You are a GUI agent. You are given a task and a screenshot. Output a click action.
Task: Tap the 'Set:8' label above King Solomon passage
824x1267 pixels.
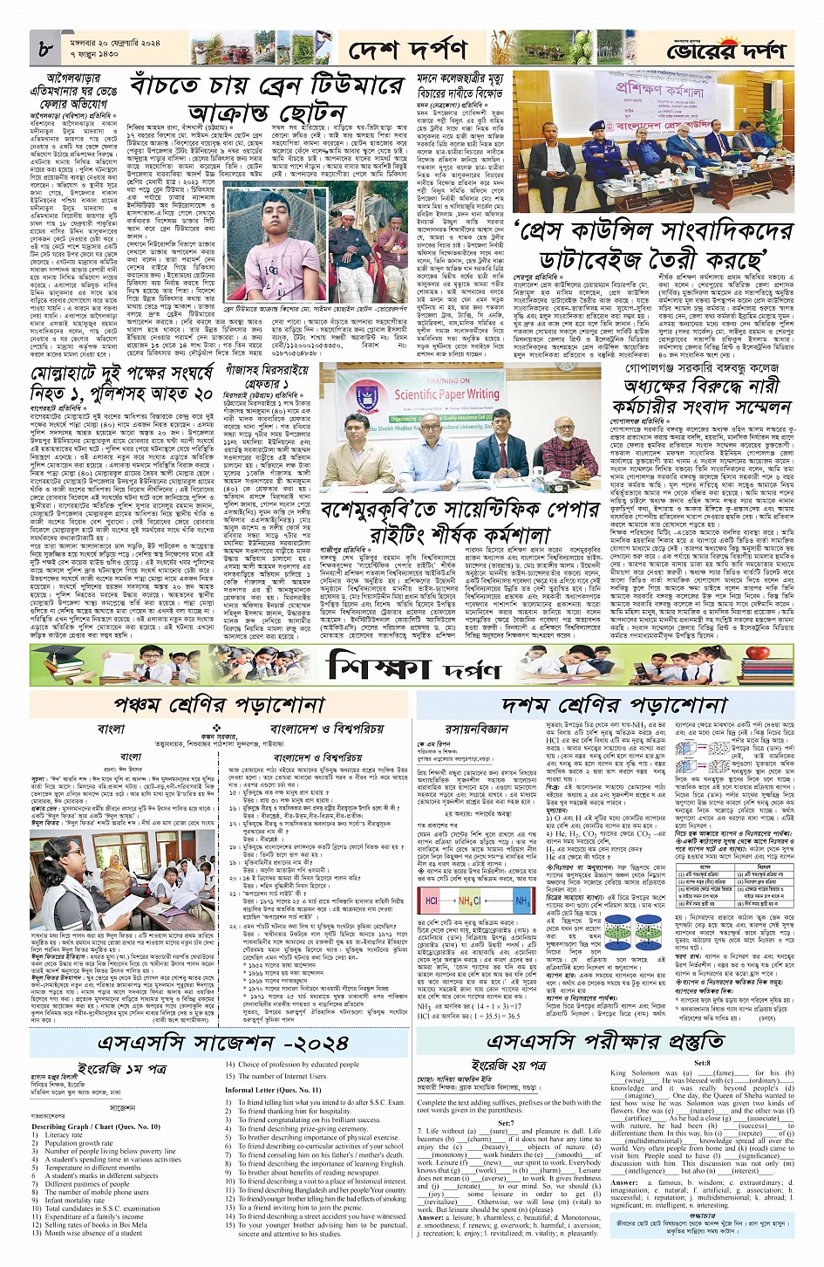[702, 1064]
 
